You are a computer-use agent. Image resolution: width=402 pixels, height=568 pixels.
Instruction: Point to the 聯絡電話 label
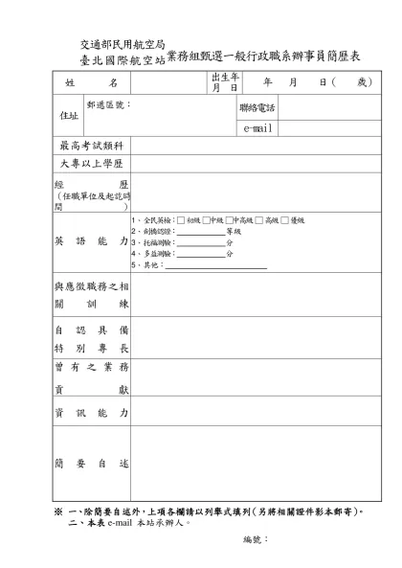click(x=257, y=107)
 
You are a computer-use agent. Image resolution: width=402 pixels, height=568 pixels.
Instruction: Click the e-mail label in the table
click(x=257, y=127)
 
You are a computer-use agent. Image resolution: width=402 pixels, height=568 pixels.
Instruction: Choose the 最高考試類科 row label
click(x=92, y=146)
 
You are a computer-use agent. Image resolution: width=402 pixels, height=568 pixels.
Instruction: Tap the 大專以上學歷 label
click(x=92, y=164)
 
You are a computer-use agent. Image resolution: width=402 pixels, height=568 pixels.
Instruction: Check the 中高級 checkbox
click(x=230, y=220)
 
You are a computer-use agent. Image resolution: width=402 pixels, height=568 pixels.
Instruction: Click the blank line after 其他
click(x=216, y=264)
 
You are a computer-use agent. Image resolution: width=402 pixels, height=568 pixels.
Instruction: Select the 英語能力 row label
click(x=92, y=242)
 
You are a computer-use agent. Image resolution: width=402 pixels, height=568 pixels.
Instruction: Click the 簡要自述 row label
click(x=92, y=463)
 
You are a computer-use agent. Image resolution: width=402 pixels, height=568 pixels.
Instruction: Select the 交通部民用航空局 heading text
click(x=122, y=45)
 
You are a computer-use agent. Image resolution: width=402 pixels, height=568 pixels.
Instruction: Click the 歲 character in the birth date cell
click(x=362, y=84)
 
